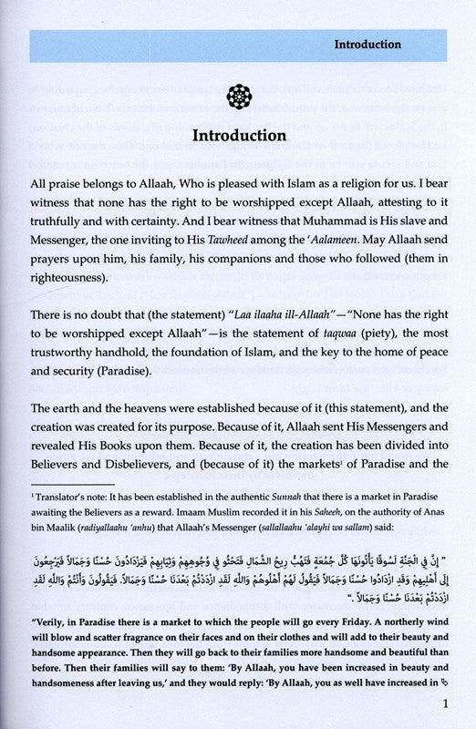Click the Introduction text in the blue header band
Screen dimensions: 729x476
381,43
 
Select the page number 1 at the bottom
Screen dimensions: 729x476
440,703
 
